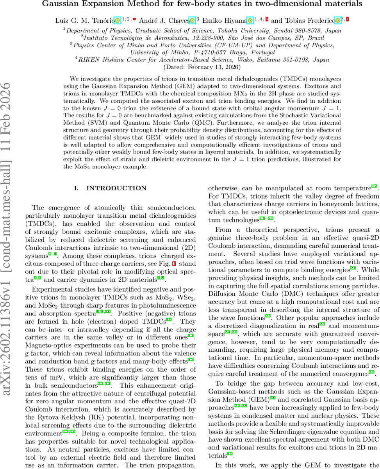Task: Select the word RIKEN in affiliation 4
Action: click(x=89, y=60)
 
